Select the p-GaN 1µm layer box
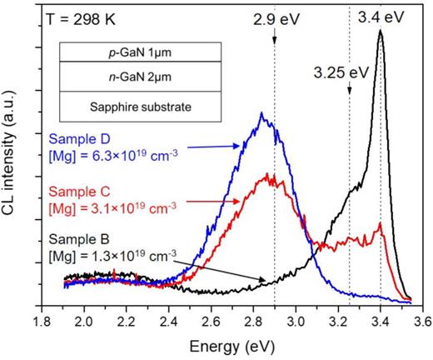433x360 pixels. click(x=140, y=52)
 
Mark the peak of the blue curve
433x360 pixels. click(x=262, y=112)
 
